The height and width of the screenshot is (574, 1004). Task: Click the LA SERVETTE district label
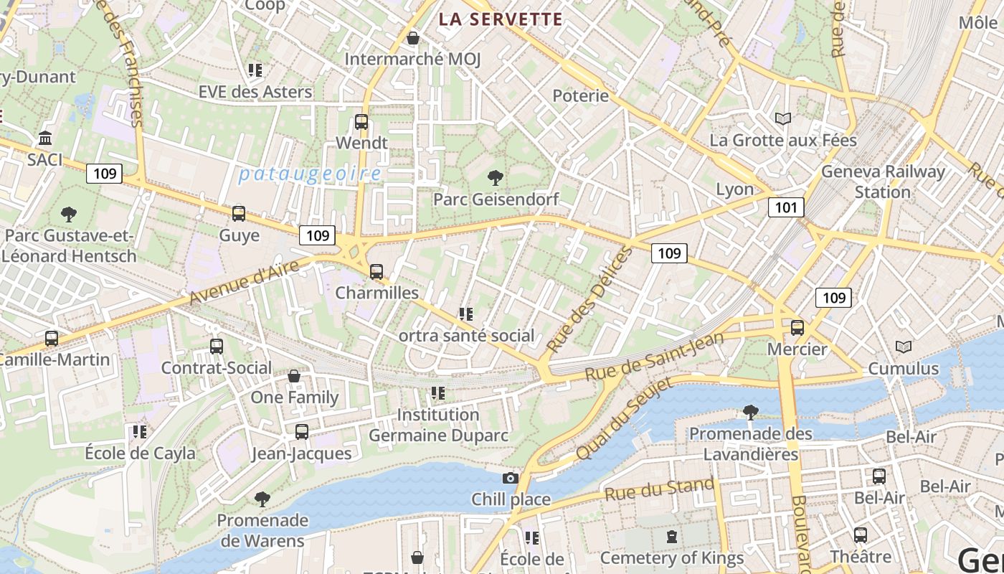(x=501, y=19)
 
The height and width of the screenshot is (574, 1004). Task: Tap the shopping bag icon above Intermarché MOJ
(x=412, y=38)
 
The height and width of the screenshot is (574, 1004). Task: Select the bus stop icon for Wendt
(x=361, y=122)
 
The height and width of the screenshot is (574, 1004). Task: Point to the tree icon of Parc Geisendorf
(x=495, y=177)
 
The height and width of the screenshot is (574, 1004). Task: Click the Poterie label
(x=580, y=95)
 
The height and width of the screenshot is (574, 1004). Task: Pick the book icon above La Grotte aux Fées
(x=783, y=118)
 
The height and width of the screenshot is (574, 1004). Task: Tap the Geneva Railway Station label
(x=883, y=182)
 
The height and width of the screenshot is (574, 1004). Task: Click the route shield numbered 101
(x=786, y=208)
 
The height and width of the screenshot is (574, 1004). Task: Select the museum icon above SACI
(x=45, y=138)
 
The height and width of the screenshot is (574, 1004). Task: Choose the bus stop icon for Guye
(x=239, y=214)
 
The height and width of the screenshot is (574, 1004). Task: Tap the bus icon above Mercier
(x=797, y=328)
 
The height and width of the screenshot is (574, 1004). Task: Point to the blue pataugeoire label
(x=310, y=174)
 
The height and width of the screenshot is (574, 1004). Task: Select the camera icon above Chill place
(x=511, y=478)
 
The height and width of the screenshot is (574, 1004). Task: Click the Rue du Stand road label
(x=659, y=489)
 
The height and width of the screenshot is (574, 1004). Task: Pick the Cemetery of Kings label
(x=671, y=557)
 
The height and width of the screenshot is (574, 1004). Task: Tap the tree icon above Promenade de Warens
(x=262, y=499)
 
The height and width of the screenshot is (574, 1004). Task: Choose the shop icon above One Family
(x=294, y=376)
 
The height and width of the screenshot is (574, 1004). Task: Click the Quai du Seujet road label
(x=625, y=419)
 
